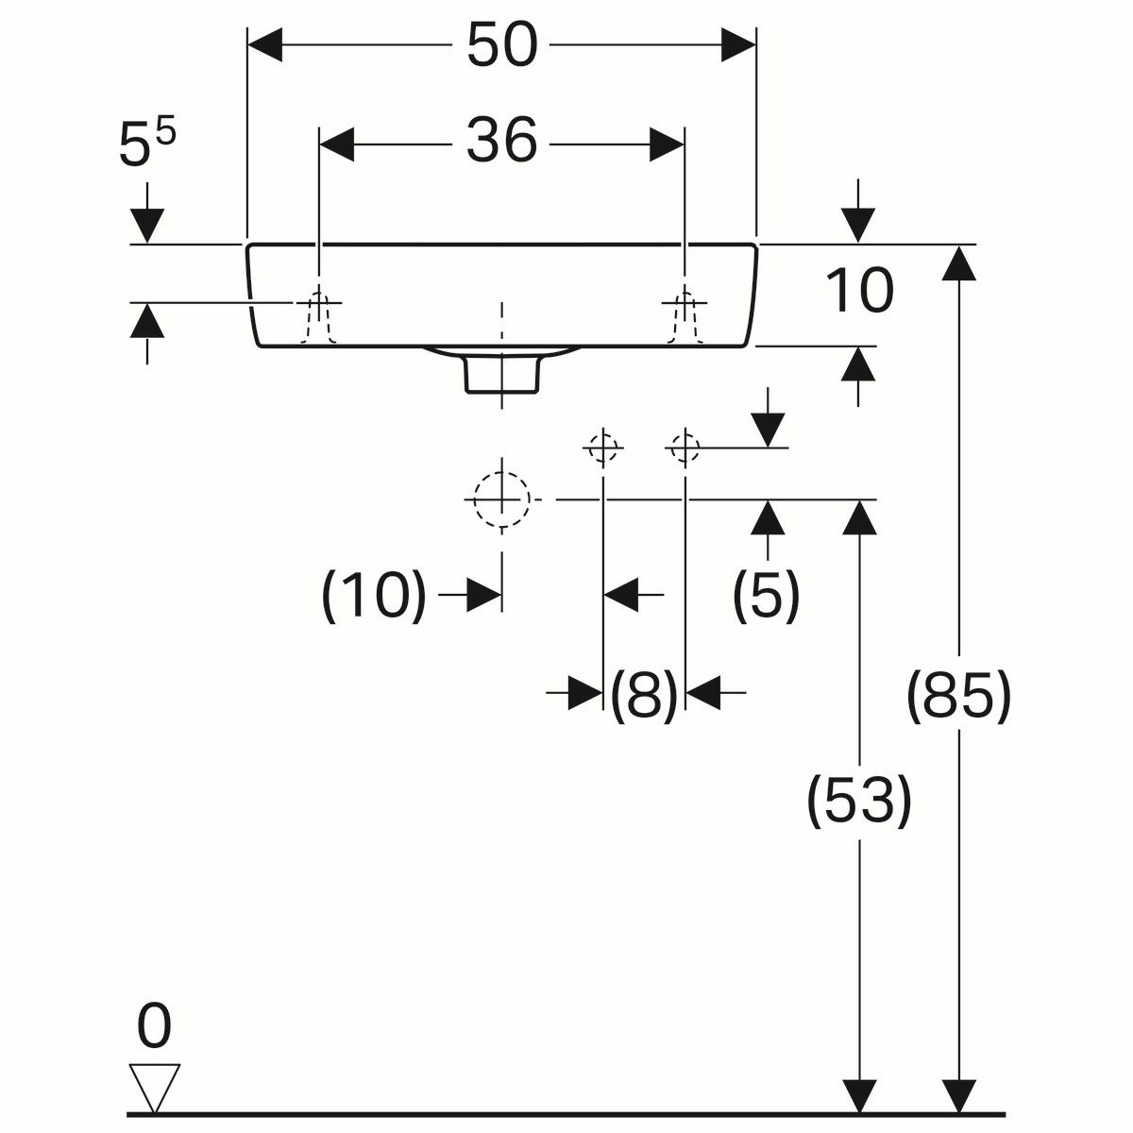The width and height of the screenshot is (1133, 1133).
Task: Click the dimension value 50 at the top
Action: coord(501,44)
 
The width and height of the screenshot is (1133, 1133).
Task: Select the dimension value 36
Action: coord(501,143)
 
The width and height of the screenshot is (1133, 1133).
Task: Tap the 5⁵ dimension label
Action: coord(146,144)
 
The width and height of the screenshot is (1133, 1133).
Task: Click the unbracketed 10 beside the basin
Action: coord(858,291)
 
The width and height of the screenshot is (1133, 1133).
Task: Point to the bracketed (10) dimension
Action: coord(375,596)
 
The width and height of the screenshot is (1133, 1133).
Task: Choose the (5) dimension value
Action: coord(767,596)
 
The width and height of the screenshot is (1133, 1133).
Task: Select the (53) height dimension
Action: coord(858,801)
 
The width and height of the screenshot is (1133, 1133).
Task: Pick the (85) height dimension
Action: coord(958,697)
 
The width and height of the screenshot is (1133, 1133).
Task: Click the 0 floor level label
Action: coord(154,1026)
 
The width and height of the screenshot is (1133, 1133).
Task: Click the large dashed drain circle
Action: coord(501,499)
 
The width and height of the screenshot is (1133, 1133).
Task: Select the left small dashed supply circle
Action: coord(602,447)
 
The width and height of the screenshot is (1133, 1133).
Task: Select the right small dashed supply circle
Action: coord(685,447)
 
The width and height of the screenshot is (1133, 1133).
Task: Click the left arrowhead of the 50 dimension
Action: coord(264,44)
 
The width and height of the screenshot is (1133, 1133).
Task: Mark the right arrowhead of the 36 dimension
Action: coord(667,144)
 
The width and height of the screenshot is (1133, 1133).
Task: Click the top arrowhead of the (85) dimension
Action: coord(958,262)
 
